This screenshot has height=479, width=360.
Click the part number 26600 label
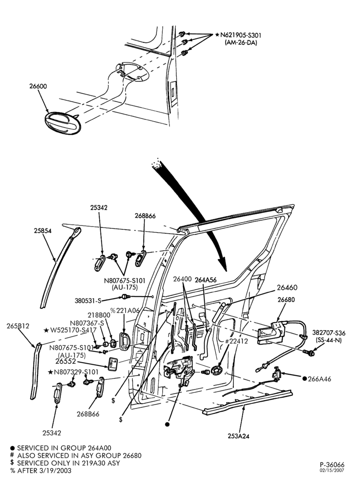38,87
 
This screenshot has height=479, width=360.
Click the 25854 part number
43,231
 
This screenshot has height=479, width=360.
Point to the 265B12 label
18,326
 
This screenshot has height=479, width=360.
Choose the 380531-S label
88,301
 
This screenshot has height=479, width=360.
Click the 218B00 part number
99,315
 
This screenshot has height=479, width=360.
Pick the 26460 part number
287,288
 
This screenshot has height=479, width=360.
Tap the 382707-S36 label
329,333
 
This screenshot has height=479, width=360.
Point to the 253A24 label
238,436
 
